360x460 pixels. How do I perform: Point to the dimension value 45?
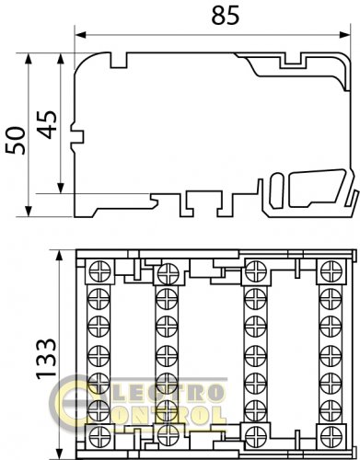50,124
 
